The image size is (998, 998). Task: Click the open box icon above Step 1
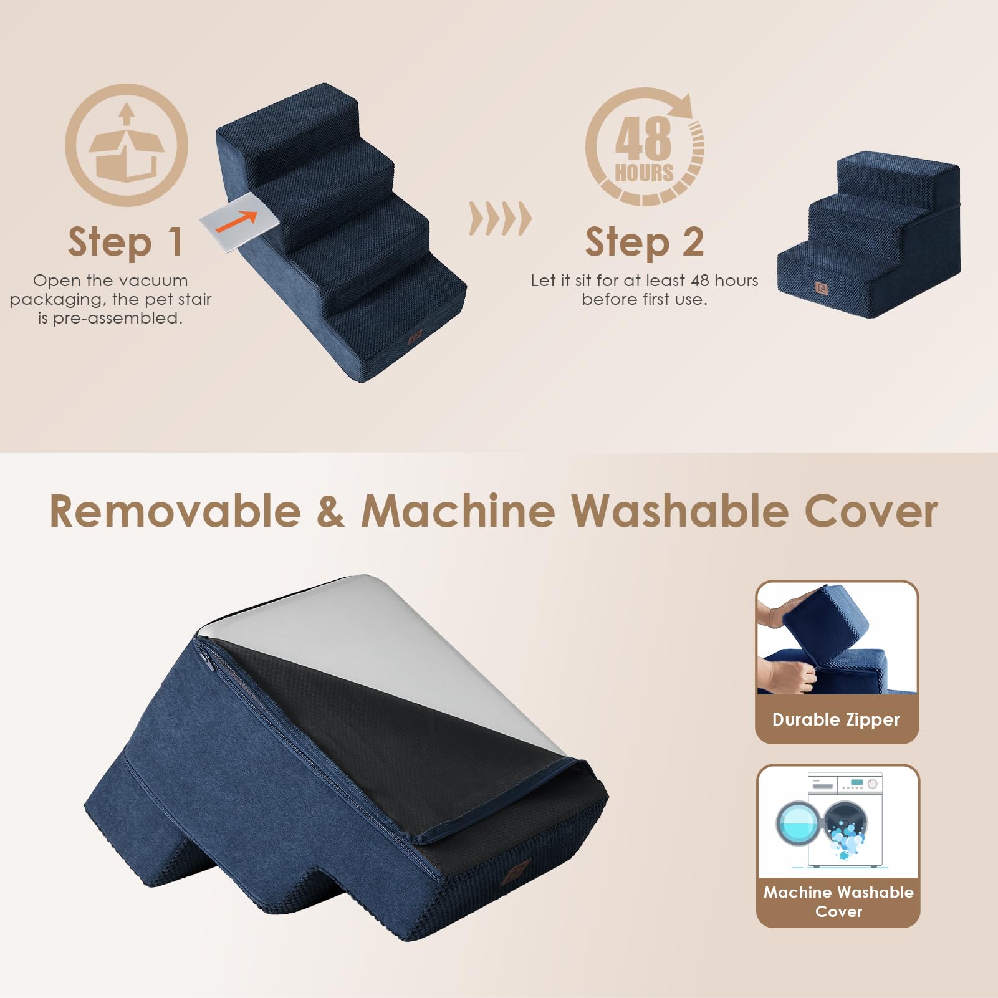coord(127,145)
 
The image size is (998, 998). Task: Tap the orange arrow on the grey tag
coord(236,220)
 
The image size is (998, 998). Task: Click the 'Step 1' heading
coord(125,242)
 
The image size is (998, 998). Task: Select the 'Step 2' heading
coord(645,242)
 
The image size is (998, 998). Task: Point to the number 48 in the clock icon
coord(643,138)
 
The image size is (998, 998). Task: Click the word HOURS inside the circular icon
coord(644,173)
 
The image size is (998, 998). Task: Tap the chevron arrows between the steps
coord(500,219)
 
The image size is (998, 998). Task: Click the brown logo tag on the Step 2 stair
coord(821,287)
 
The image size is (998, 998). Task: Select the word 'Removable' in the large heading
coord(175,512)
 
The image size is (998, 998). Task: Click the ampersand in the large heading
coord(330,512)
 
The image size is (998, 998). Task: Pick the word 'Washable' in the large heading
coord(680,512)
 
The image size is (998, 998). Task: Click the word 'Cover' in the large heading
coord(871,512)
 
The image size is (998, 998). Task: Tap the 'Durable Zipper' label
coord(836,719)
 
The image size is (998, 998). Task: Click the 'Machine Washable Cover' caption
coord(838,901)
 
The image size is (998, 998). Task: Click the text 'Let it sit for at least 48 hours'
coord(645,281)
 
